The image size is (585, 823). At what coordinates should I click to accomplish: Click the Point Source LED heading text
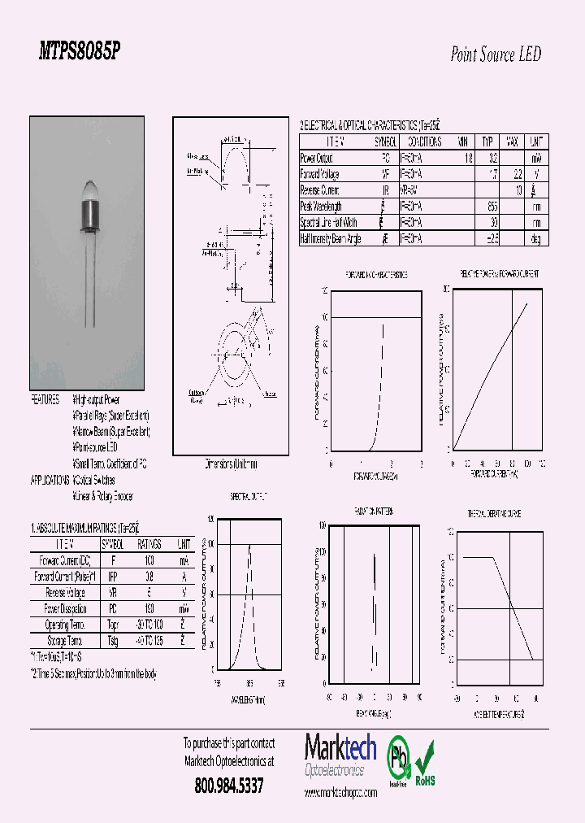pyautogui.click(x=495, y=55)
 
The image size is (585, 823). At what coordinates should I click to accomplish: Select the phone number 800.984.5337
pyautogui.click(x=229, y=786)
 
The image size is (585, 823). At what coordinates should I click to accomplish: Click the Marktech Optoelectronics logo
pyautogui.click(x=335, y=755)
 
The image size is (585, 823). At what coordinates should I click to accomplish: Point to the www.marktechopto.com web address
pyautogui.click(x=340, y=792)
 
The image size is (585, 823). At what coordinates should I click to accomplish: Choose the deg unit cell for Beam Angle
pyautogui.click(x=536, y=239)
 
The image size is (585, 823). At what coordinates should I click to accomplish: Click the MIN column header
pyautogui.click(x=463, y=142)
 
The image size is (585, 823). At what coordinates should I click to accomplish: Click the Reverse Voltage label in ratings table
pyautogui.click(x=65, y=591)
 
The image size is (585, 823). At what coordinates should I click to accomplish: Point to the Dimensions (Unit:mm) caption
pyautogui.click(x=231, y=465)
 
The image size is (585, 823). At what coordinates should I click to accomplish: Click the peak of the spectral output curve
pyautogui.click(x=249, y=545)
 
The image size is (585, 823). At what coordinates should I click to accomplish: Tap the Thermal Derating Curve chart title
pyautogui.click(x=494, y=513)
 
